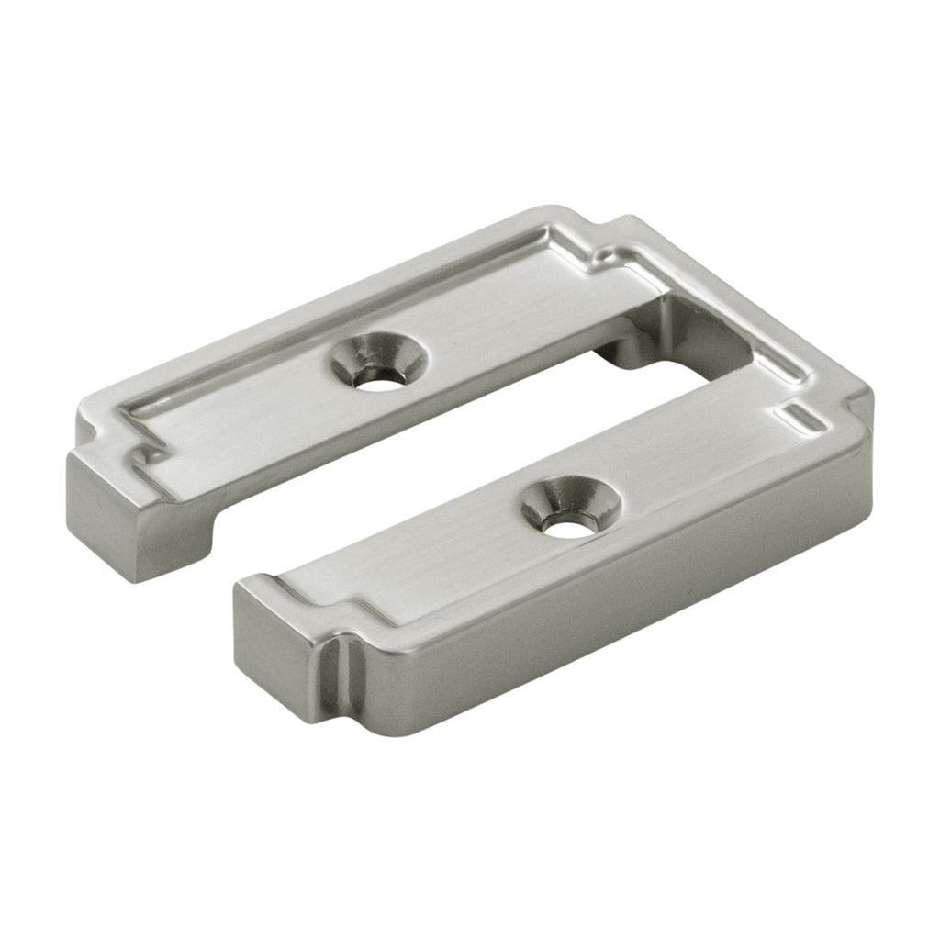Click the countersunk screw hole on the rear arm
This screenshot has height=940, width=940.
pos(378,365)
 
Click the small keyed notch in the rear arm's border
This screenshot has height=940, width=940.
pos(147,453)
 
